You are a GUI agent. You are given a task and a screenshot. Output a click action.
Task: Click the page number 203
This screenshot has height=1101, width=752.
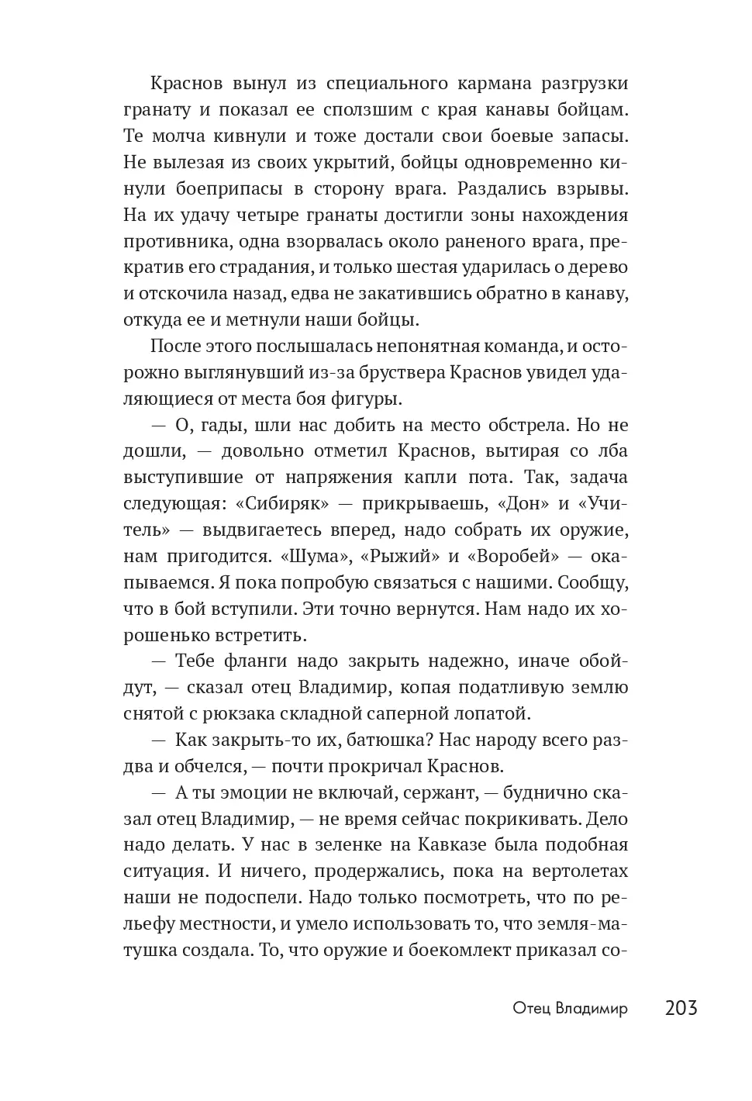(681, 1008)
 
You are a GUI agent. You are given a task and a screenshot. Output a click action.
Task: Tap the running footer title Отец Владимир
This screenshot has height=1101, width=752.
(570, 1009)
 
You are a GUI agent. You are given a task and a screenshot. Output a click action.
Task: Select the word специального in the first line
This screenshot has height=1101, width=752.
(370, 83)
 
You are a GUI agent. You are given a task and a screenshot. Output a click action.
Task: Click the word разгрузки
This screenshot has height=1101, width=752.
(585, 83)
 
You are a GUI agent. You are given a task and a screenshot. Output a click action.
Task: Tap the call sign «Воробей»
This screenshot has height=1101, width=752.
(512, 557)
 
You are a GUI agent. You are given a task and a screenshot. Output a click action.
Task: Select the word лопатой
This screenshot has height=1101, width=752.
(496, 714)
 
